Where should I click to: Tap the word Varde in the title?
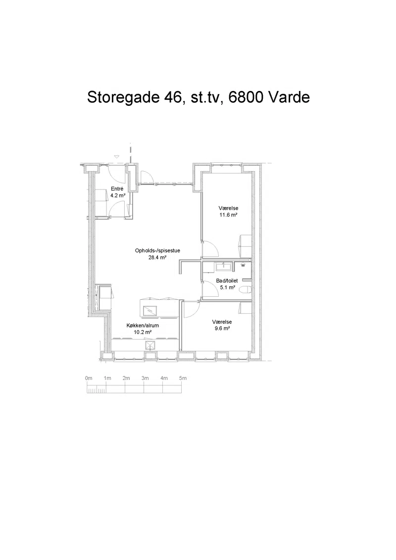coord(289,97)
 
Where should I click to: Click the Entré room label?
coord(117,189)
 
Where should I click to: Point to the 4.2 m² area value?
coord(118,195)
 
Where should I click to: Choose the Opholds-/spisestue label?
coord(157,250)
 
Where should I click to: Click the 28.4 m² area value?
coord(157,257)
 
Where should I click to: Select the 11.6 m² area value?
coord(228,215)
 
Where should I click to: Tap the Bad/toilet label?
coord(227,280)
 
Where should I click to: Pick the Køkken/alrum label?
coord(143,326)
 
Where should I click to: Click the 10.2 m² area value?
coord(143,332)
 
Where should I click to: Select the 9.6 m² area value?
coord(222,328)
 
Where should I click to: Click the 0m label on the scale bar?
coord(89,378)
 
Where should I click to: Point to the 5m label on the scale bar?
coord(183,378)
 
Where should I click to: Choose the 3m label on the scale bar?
coord(145,378)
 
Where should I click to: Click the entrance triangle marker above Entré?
coord(116,156)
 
